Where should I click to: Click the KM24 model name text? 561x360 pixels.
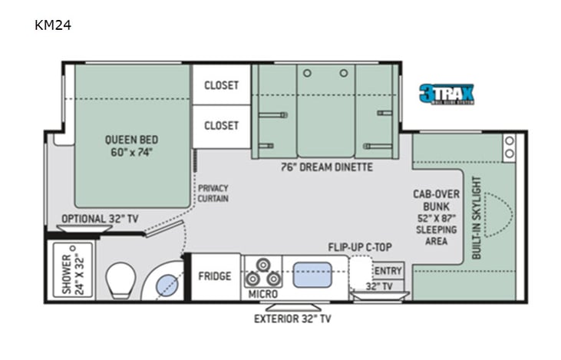pyautogui.click(x=52, y=25)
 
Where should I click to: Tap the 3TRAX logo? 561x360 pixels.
pyautogui.click(x=446, y=94)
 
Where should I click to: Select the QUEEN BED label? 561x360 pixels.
pyautogui.click(x=132, y=145)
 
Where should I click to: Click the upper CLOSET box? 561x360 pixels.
pyautogui.click(x=221, y=85)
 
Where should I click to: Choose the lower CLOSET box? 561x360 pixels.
pyautogui.click(x=221, y=125)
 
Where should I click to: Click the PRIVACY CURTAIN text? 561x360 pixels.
pyautogui.click(x=213, y=193)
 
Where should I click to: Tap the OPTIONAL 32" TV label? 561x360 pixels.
pyautogui.click(x=100, y=219)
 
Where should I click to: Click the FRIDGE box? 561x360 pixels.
pyautogui.click(x=216, y=276)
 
